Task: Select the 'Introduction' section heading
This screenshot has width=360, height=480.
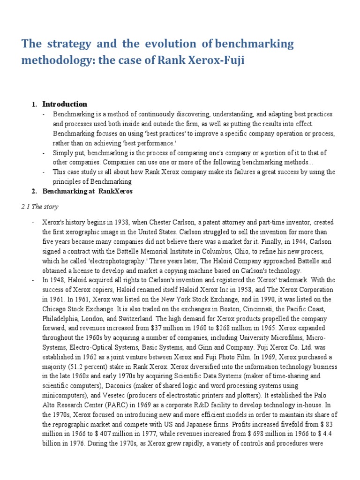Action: (x=65, y=104)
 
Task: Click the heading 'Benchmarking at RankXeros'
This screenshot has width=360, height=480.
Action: (x=88, y=192)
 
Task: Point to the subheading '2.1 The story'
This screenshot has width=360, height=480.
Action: (x=40, y=207)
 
